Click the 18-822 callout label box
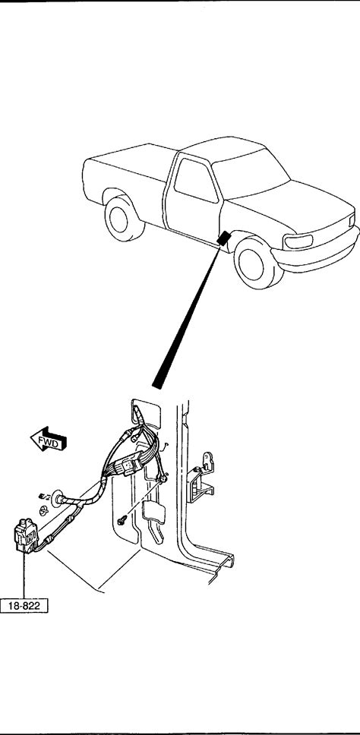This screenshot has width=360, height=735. [x=24, y=605]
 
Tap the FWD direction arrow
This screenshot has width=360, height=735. [x=49, y=439]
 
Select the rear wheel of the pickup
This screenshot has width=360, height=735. [x=123, y=219]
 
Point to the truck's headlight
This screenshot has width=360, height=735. [x=298, y=241]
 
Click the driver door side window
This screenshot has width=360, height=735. [x=194, y=180]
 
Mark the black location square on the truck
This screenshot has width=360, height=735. [x=224, y=238]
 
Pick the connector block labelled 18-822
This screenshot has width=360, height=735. [x=26, y=535]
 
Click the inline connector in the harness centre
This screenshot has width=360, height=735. [x=131, y=465]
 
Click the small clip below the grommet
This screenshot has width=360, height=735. [x=43, y=510]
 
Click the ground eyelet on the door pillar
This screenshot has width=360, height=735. [x=163, y=478]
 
